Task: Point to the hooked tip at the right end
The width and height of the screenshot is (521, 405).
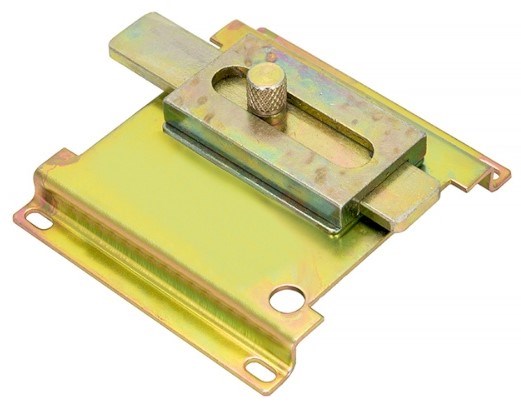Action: [497, 174]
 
